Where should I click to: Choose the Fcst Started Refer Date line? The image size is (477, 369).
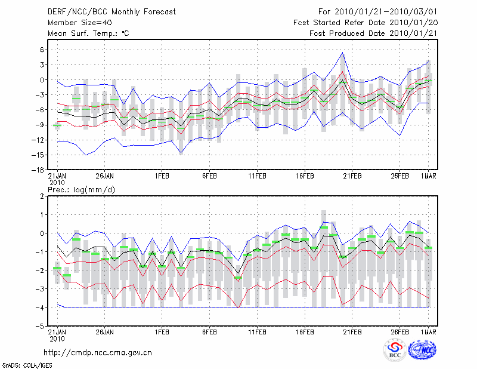pos(366,23)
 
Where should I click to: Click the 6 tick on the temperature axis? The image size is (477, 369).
pos(42,50)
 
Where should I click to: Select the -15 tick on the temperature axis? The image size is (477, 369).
pos(39,155)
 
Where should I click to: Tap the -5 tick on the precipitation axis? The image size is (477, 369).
pos(41,327)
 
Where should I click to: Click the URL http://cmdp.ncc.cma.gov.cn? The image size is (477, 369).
pos(98,353)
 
